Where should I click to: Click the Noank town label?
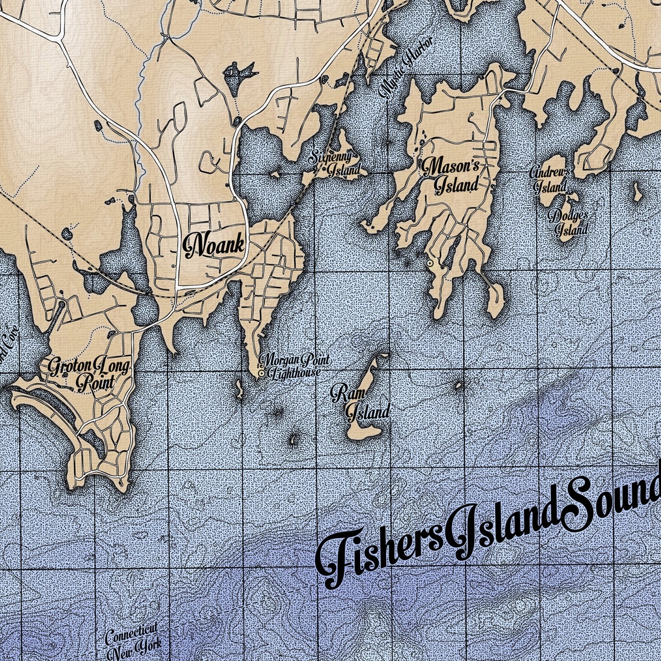pos(213,246)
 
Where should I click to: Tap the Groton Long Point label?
pos(89,373)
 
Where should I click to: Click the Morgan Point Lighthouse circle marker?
pos(262,374)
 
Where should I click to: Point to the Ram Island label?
pos(359,403)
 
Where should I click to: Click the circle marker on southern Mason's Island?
pos(430,264)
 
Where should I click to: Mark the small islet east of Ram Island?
pos(459,384)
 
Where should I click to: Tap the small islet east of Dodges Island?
pos(637,191)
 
